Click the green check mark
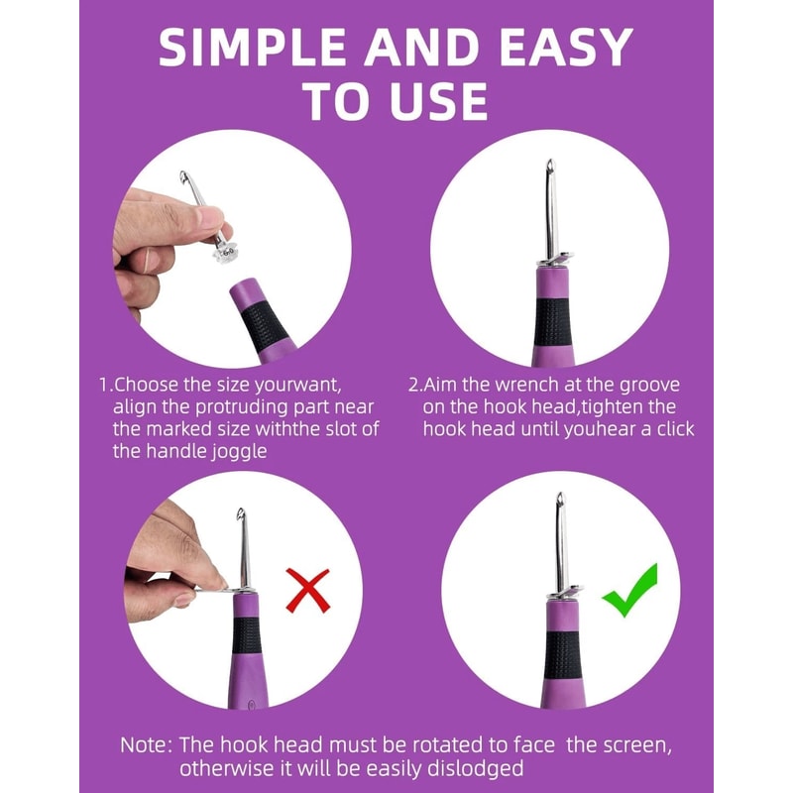629,590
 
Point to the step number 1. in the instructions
105,385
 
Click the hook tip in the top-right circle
548,164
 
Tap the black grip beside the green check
562,655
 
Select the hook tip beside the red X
239,514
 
